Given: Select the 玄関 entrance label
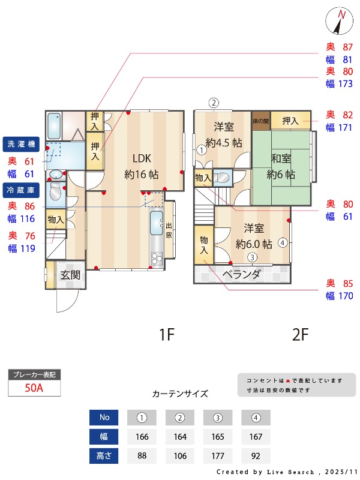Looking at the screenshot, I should pos(70,275).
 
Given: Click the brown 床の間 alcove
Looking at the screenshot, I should pos(260,121).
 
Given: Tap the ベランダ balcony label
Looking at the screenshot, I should pos(241,275).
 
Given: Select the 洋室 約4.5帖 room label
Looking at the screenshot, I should pos(223,135).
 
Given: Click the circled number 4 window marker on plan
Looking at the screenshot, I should pos(283,243).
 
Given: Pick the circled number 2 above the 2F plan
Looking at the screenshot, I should pos(213,102).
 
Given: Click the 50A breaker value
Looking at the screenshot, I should pos(34,388).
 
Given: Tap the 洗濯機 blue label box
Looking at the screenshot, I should pos(22,145).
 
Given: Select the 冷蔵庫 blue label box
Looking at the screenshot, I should pos(22,189).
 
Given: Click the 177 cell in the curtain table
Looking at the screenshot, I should pos(218,455).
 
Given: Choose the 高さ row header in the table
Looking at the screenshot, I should pos(104,455).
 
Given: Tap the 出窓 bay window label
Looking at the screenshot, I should pos(169,230).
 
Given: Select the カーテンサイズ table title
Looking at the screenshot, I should pos(180,394).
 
